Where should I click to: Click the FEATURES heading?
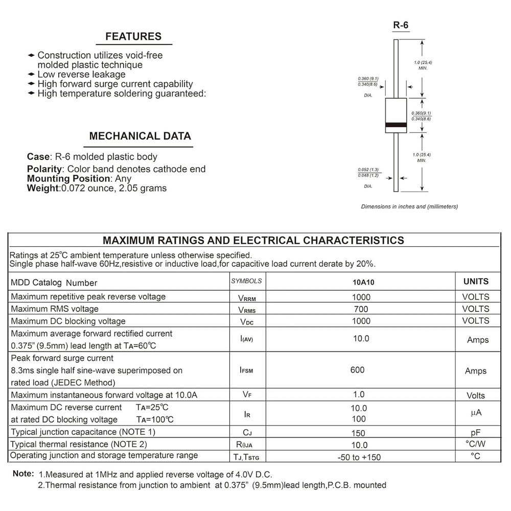(133, 37)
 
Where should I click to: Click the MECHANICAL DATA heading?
(140, 136)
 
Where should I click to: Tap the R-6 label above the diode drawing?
(401, 25)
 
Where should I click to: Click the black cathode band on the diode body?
(396, 125)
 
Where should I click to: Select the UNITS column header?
(476, 282)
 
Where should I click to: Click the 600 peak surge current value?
(358, 370)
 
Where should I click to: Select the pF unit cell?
(476, 432)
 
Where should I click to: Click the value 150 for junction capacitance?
(359, 432)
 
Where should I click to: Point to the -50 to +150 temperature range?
(359, 457)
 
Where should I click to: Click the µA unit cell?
(476, 413)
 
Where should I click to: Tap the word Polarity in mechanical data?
(44, 169)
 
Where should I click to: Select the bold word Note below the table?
(23, 474)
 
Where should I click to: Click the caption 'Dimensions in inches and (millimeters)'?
(409, 206)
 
